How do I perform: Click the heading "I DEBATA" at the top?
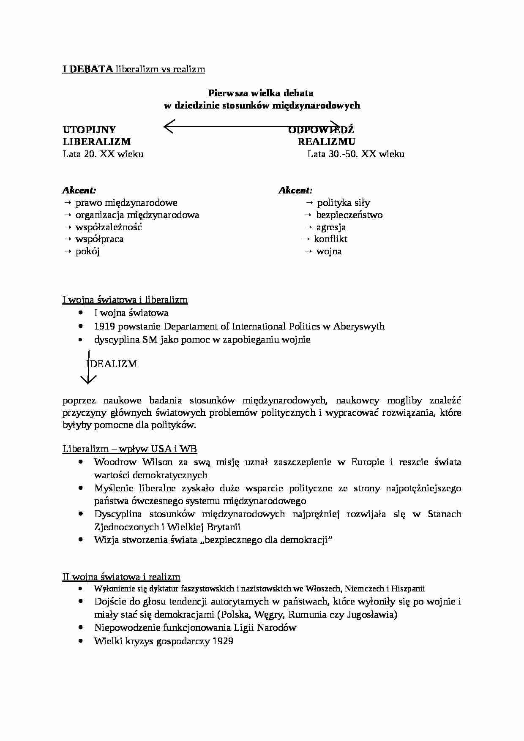(87, 69)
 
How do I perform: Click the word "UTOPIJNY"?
(89, 130)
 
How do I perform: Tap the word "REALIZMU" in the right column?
(326, 142)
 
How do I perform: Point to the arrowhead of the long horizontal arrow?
(166, 126)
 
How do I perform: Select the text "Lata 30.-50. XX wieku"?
(356, 154)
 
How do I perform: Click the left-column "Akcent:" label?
(79, 191)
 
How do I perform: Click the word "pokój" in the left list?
(87, 252)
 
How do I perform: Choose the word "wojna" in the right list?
(329, 252)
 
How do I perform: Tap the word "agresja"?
(331, 227)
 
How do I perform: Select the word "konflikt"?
(330, 239)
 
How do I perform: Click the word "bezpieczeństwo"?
(349, 215)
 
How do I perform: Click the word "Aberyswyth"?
(359, 327)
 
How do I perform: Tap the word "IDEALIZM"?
(112, 364)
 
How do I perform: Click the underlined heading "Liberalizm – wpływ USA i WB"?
(130, 449)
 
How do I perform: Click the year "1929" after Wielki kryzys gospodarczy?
(223, 641)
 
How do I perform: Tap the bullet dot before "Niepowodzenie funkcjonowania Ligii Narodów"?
(81, 628)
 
